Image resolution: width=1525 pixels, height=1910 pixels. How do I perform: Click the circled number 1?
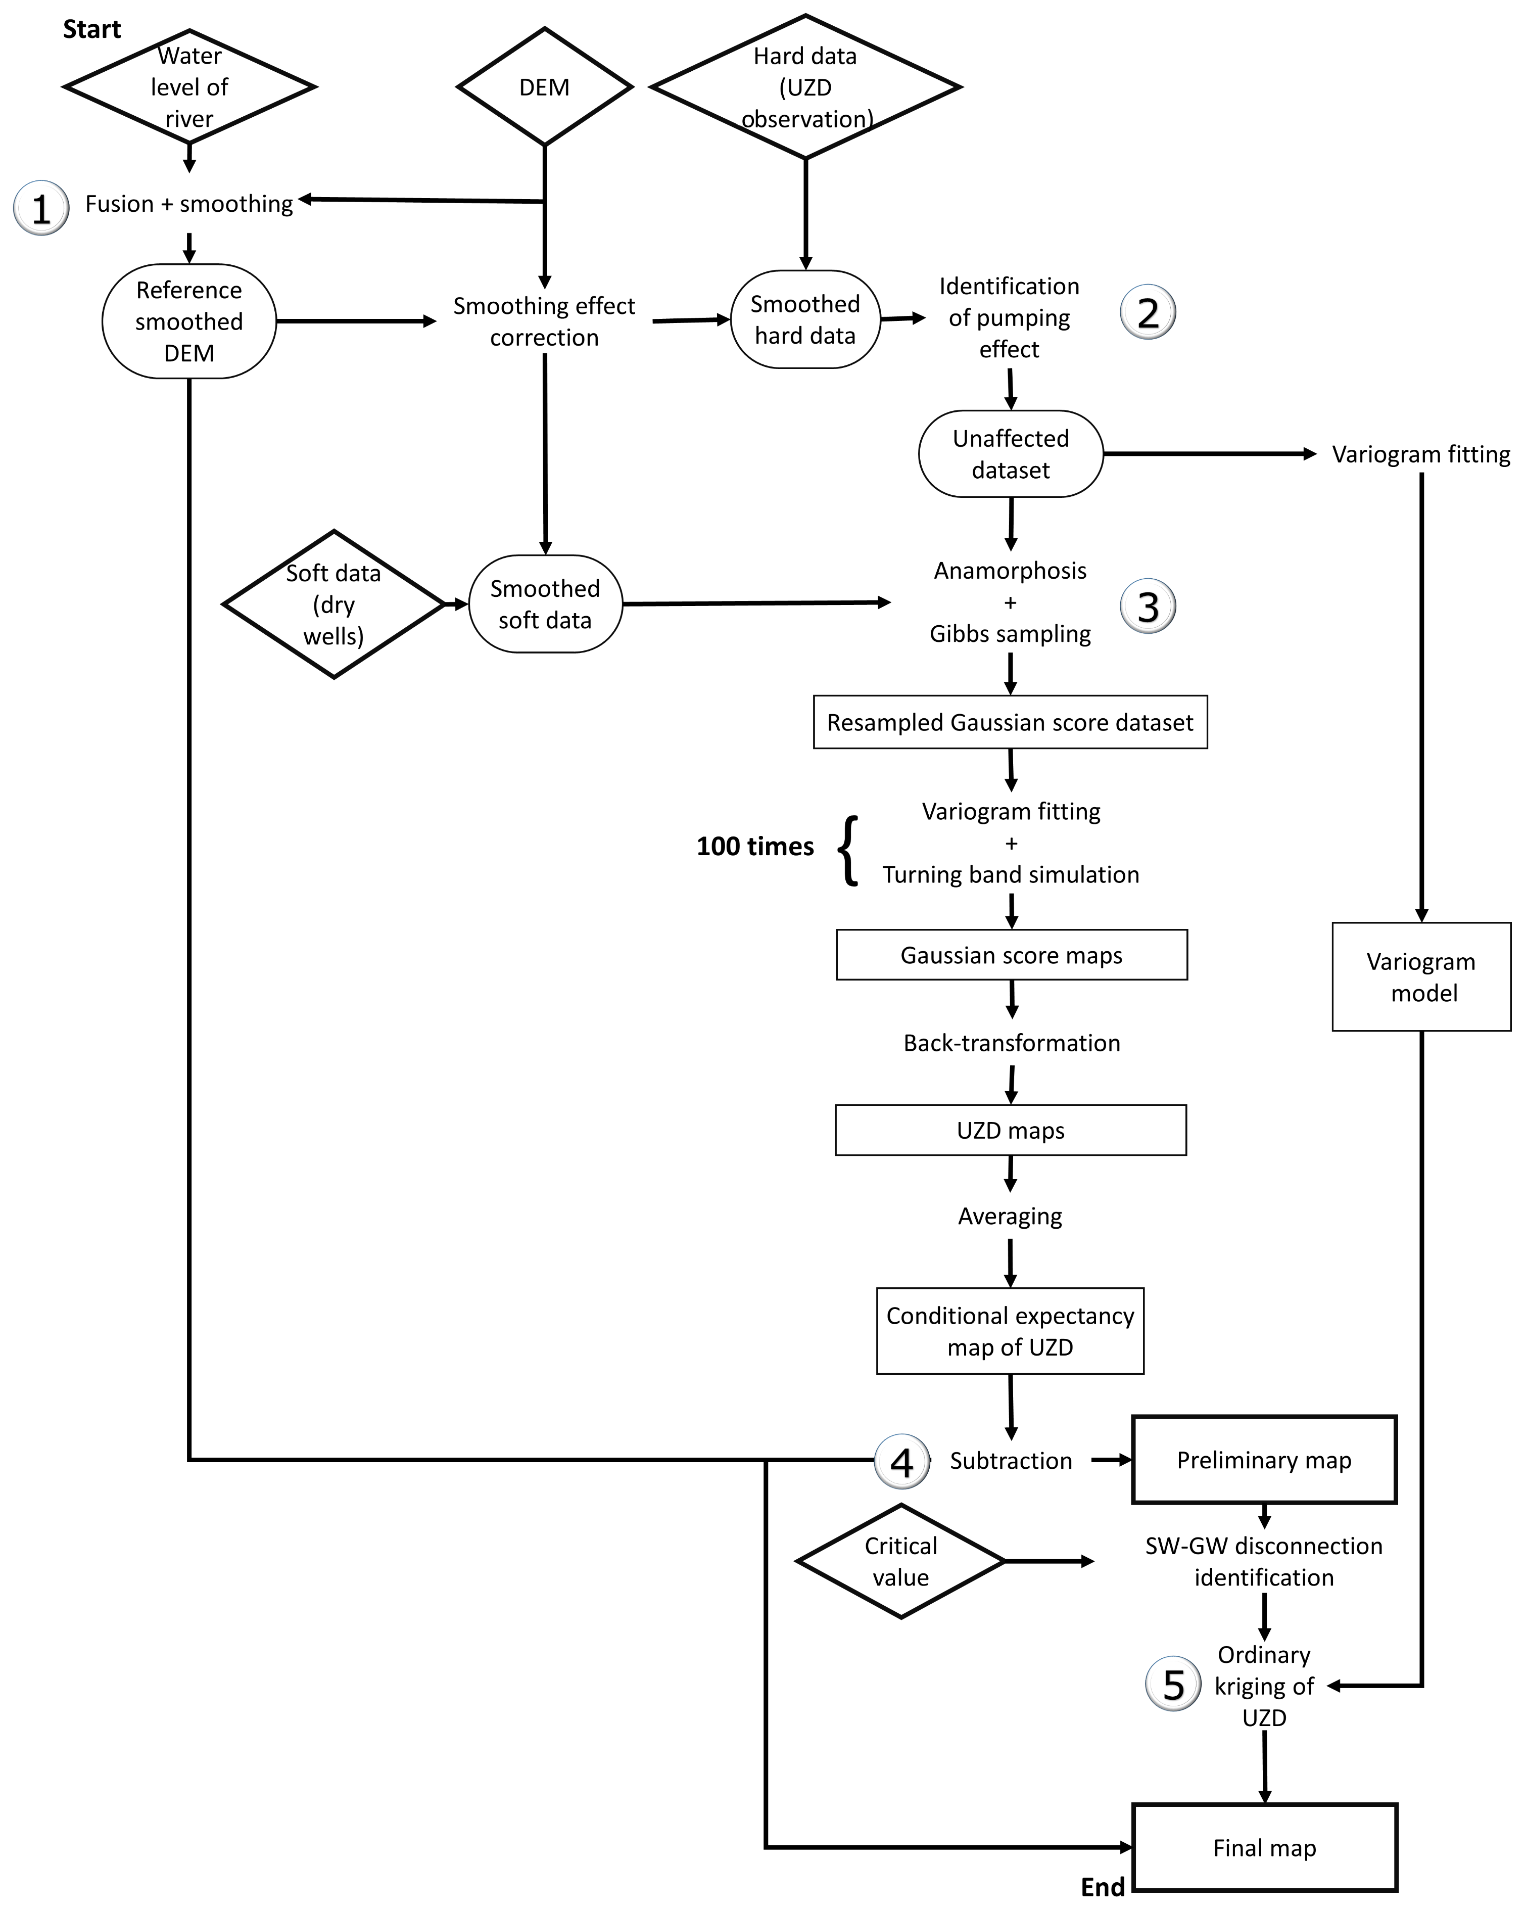click(41, 208)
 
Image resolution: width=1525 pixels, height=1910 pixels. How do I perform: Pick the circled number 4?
click(901, 1462)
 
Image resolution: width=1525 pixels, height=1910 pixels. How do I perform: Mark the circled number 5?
click(1173, 1684)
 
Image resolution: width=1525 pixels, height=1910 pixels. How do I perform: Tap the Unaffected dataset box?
click(1011, 453)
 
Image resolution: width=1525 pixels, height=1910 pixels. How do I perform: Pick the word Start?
click(91, 29)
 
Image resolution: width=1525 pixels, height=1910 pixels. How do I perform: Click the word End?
click(1103, 1887)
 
